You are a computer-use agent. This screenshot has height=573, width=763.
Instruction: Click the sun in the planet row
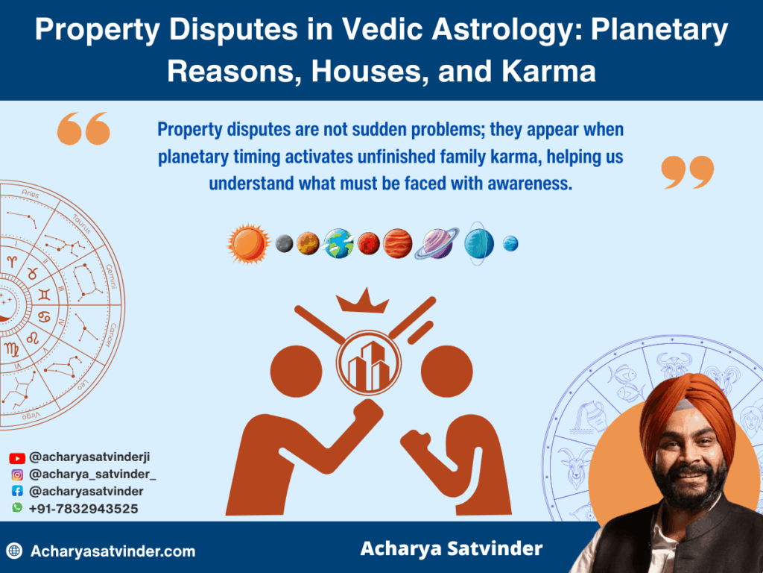point(248,242)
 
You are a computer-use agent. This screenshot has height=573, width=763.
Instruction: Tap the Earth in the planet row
point(338,243)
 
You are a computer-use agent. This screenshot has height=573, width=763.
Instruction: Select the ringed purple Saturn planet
point(437,243)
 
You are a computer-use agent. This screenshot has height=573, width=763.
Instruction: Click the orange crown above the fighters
point(363,301)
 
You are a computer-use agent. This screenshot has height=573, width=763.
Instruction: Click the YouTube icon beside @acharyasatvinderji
point(17,458)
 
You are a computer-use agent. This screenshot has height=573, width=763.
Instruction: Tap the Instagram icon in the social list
point(17,475)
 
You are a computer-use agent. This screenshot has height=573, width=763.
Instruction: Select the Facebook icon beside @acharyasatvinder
point(17,491)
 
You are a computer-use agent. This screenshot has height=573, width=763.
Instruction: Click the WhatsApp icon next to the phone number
point(17,507)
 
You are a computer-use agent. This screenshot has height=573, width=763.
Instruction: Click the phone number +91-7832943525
point(83,508)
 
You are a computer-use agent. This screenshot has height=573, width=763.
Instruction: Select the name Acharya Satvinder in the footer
point(451,549)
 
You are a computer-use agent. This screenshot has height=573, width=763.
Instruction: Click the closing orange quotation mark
point(687,172)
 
